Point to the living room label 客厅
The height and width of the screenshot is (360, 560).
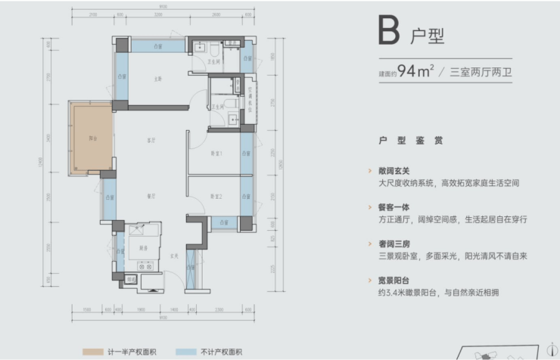pos(151,141)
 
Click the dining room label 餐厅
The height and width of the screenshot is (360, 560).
pos(151,195)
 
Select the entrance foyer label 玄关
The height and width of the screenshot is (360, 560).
pos(173,256)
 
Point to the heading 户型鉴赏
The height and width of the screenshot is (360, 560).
pos(411,141)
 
